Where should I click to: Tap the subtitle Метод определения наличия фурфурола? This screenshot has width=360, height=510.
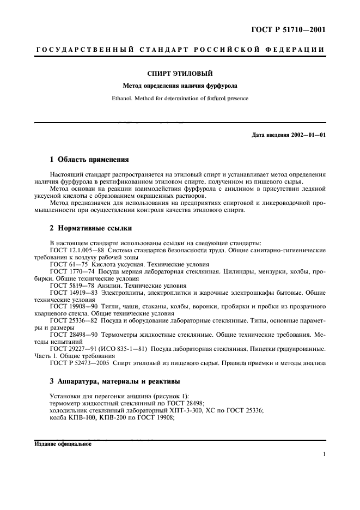click(x=180, y=86)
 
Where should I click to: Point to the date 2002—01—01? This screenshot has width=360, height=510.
click(x=307, y=135)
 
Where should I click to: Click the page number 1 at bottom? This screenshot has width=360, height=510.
click(x=324, y=454)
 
